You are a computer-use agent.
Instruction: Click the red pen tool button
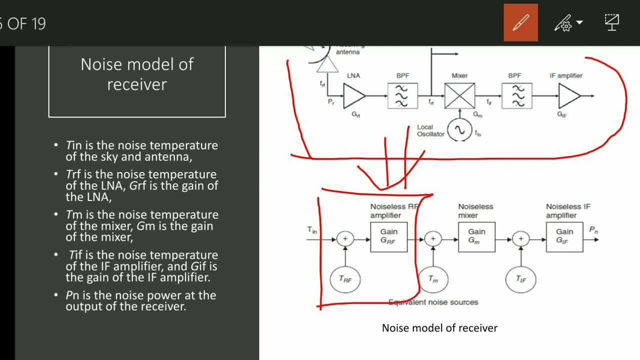(x=520, y=22)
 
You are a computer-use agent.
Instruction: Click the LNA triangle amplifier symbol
(x=353, y=95)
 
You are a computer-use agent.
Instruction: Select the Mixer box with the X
(x=459, y=95)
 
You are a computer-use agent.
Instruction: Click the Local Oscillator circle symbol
(x=459, y=130)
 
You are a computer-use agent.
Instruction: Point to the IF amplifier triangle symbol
(x=568, y=95)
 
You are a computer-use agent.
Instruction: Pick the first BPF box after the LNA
(x=402, y=95)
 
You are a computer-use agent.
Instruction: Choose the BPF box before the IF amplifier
(x=517, y=95)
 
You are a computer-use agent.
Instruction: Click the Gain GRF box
(x=388, y=237)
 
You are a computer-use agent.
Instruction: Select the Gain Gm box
(x=476, y=237)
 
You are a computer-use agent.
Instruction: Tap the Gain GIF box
(x=564, y=237)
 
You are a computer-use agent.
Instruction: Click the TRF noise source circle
(x=345, y=279)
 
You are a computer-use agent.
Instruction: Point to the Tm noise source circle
(x=433, y=279)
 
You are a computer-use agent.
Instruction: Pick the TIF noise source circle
(x=520, y=279)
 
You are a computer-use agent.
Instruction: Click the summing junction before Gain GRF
(x=345, y=239)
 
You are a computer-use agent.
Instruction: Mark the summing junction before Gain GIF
(x=520, y=239)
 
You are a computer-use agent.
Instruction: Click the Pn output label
(x=593, y=230)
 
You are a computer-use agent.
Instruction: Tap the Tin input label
(x=312, y=230)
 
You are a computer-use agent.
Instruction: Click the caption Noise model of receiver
(x=439, y=328)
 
